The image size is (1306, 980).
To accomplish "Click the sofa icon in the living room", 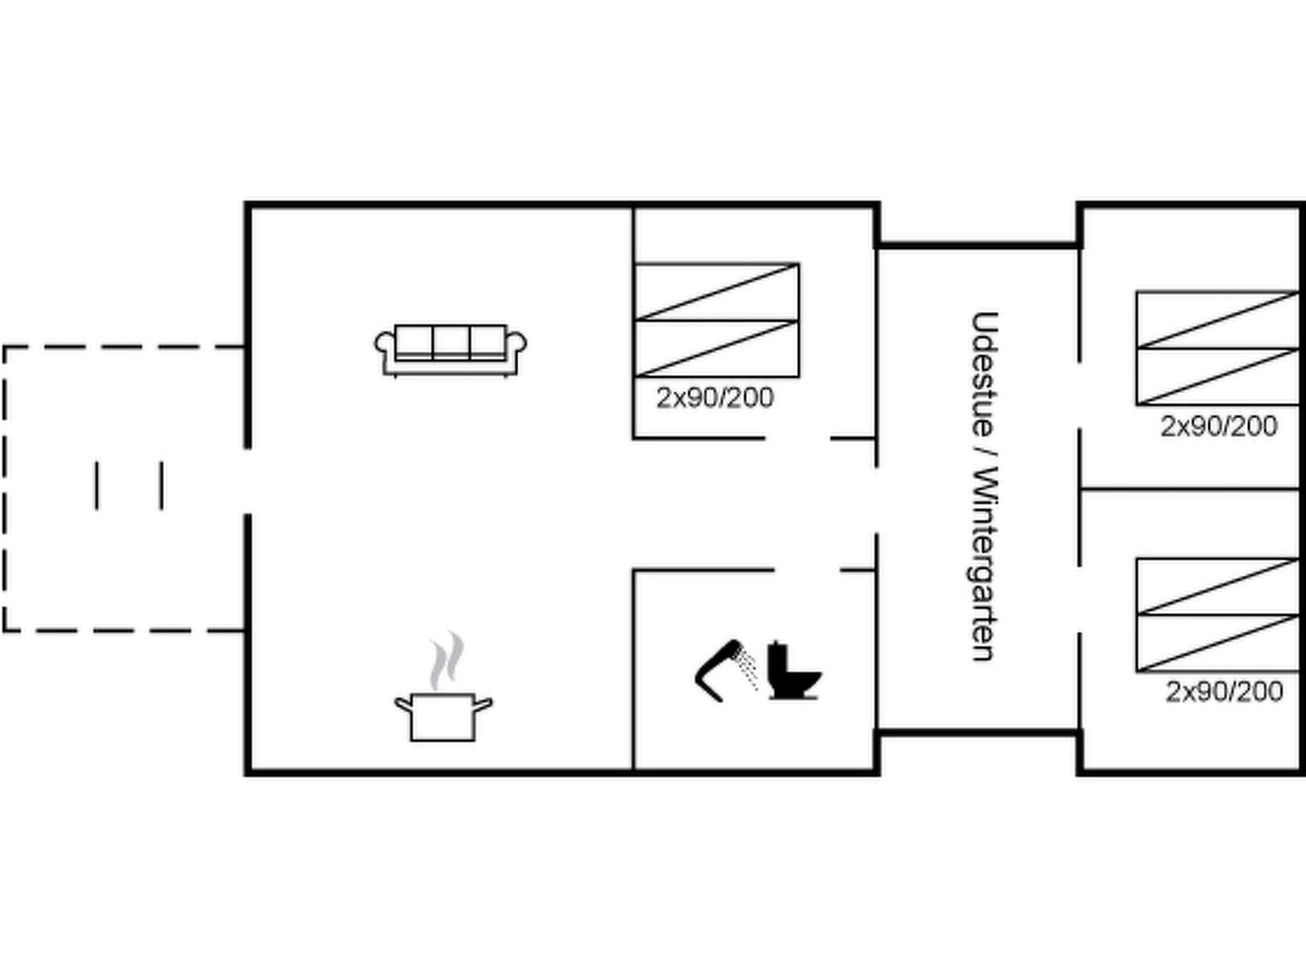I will click(x=450, y=350).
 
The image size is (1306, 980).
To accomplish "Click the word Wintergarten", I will click(x=983, y=565).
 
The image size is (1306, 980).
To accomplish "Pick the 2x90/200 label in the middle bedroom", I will click(x=715, y=398).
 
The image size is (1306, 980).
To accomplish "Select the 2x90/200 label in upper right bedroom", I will click(x=1219, y=426).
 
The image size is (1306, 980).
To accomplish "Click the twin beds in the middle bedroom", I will click(x=717, y=320).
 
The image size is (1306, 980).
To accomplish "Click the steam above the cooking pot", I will click(x=446, y=660).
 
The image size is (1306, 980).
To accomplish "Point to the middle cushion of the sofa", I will click(x=451, y=342).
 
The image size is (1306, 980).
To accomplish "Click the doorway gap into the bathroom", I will click(x=807, y=570).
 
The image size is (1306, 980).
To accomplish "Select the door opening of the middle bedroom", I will click(x=797, y=438).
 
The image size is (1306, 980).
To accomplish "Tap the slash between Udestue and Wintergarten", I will click(x=984, y=452).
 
